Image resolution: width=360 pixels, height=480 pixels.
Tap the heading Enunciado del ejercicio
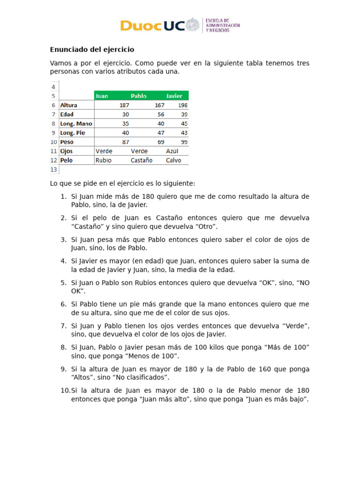tap(92, 49)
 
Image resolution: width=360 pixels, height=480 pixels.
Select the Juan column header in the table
tap(102, 96)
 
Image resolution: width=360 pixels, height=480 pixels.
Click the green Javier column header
tap(174, 96)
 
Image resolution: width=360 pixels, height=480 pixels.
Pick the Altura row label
tap(69, 105)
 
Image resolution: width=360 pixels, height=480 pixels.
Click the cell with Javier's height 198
tap(182, 105)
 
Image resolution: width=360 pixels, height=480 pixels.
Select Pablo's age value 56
tap(161, 114)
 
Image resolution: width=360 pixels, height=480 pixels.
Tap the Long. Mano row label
tap(76, 124)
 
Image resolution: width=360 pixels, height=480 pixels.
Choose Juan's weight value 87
tap(125, 142)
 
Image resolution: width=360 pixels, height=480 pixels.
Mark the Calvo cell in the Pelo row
tap(174, 160)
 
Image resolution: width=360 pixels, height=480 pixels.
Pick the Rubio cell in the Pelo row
tap(103, 160)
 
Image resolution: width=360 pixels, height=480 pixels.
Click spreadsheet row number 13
tap(54, 169)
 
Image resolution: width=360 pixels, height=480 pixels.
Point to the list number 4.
tap(63, 261)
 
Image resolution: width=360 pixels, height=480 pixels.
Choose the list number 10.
tap(65, 390)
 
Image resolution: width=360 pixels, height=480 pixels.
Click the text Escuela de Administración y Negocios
tap(223, 25)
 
